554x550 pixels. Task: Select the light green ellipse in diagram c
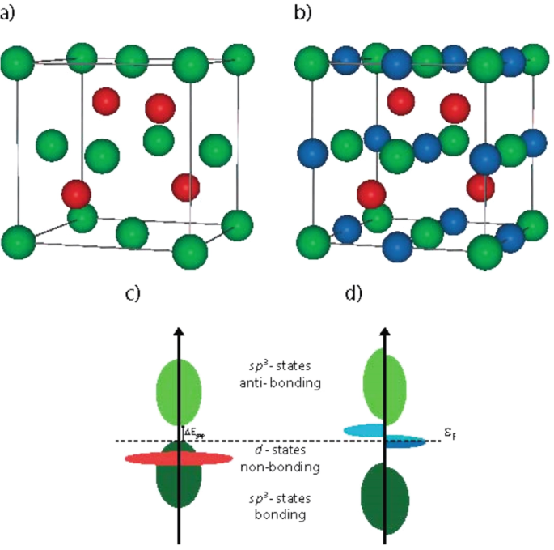pyautogui.click(x=178, y=394)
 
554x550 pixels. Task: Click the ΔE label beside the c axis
pyautogui.click(x=193, y=433)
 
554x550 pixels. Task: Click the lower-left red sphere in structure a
pyautogui.click(x=77, y=194)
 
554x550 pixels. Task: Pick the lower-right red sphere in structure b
pyautogui.click(x=480, y=186)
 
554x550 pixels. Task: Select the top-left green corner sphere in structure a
pyautogui.click(x=18, y=63)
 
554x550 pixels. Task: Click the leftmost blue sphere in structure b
pyautogui.click(x=312, y=151)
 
